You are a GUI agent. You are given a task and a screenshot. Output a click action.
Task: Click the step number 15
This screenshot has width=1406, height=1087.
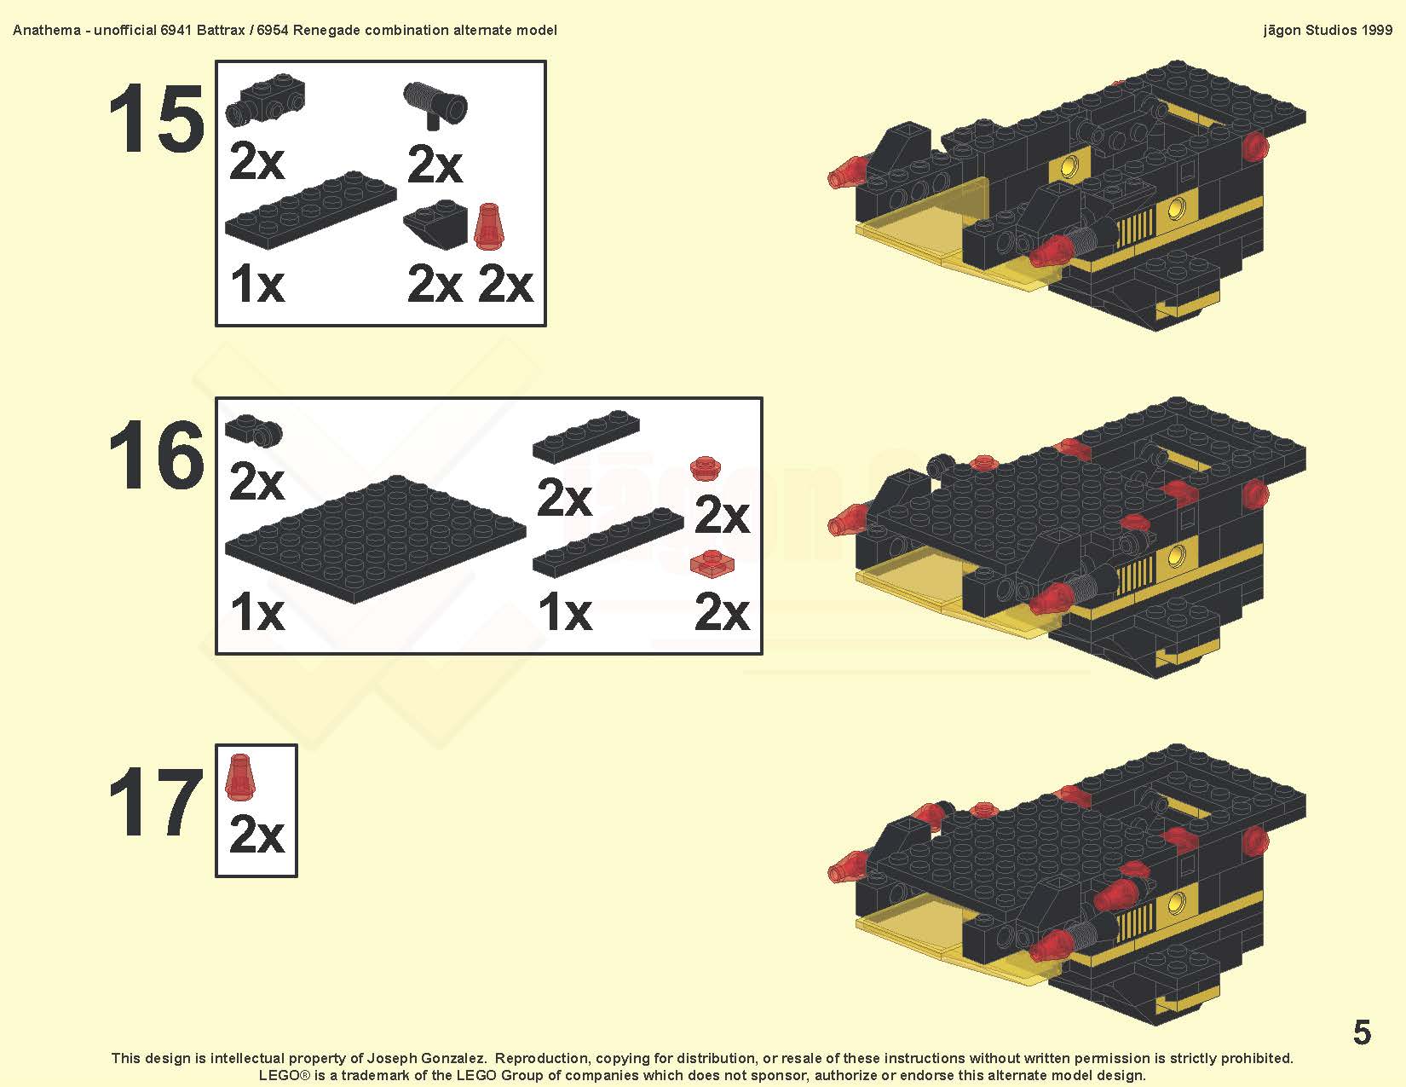[157, 119]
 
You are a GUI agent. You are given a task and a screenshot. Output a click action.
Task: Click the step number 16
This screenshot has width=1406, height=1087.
[157, 454]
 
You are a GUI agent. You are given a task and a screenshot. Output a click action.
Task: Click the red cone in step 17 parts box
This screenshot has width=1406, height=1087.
[240, 777]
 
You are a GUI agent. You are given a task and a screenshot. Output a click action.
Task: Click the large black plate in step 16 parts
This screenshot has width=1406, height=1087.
[375, 539]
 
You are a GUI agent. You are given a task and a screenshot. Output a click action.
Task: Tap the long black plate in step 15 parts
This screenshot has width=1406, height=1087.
[310, 209]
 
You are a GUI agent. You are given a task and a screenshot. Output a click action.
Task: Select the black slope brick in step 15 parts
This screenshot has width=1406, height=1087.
[435, 223]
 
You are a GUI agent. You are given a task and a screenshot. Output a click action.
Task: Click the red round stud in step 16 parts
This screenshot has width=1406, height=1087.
[706, 468]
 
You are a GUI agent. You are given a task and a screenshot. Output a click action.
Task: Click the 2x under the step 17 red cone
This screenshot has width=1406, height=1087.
[256, 835]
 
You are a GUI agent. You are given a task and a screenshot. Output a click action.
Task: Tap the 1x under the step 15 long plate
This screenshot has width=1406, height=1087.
[256, 284]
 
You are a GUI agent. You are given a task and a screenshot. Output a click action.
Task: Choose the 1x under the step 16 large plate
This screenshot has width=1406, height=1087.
[256, 612]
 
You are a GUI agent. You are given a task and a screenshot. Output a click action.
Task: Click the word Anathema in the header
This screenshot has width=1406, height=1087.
[47, 31]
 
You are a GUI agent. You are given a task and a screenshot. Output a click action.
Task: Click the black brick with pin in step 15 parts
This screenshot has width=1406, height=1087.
[265, 99]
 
